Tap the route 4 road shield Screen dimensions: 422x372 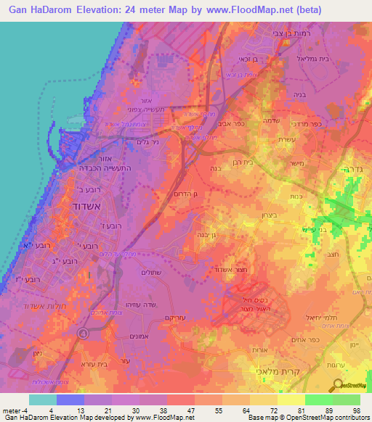click(x=84, y=334)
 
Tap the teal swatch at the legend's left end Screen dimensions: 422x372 click(x=42, y=399)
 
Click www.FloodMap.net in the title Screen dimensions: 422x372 click(x=251, y=10)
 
